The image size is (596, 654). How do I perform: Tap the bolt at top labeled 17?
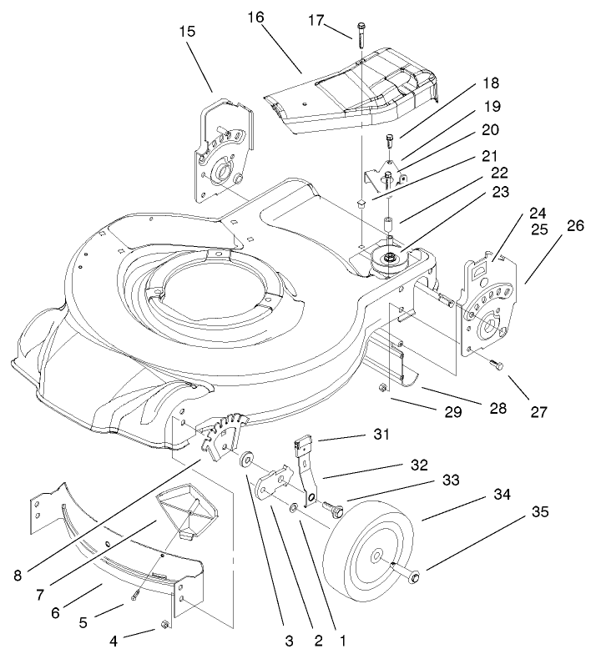(361, 33)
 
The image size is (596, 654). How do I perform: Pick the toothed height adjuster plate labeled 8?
(224, 434)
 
